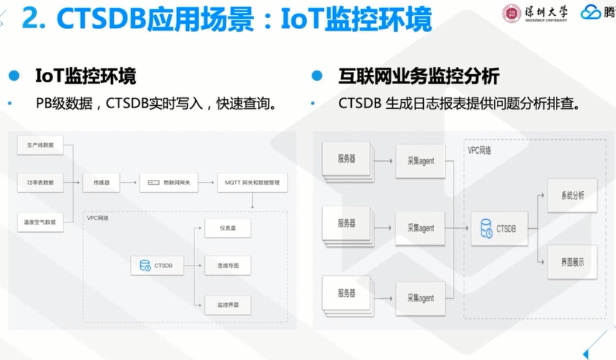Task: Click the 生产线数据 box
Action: click(40, 145)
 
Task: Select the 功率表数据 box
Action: click(40, 183)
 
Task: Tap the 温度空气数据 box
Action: click(40, 222)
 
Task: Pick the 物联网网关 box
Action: click(169, 183)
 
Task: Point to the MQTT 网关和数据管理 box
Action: click(252, 183)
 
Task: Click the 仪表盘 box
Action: click(228, 228)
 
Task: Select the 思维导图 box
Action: click(228, 266)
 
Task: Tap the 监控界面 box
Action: click(228, 304)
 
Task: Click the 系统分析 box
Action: click(572, 196)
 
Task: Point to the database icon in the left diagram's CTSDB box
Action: click(145, 266)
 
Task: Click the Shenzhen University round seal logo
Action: click(511, 13)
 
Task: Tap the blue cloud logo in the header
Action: click(591, 12)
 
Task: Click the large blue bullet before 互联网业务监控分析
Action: click(317, 76)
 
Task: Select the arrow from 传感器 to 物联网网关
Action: click(130, 183)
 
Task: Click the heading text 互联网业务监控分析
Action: click(418, 76)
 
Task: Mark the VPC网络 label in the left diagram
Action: click(98, 218)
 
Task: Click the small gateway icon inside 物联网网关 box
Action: click(154, 183)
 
